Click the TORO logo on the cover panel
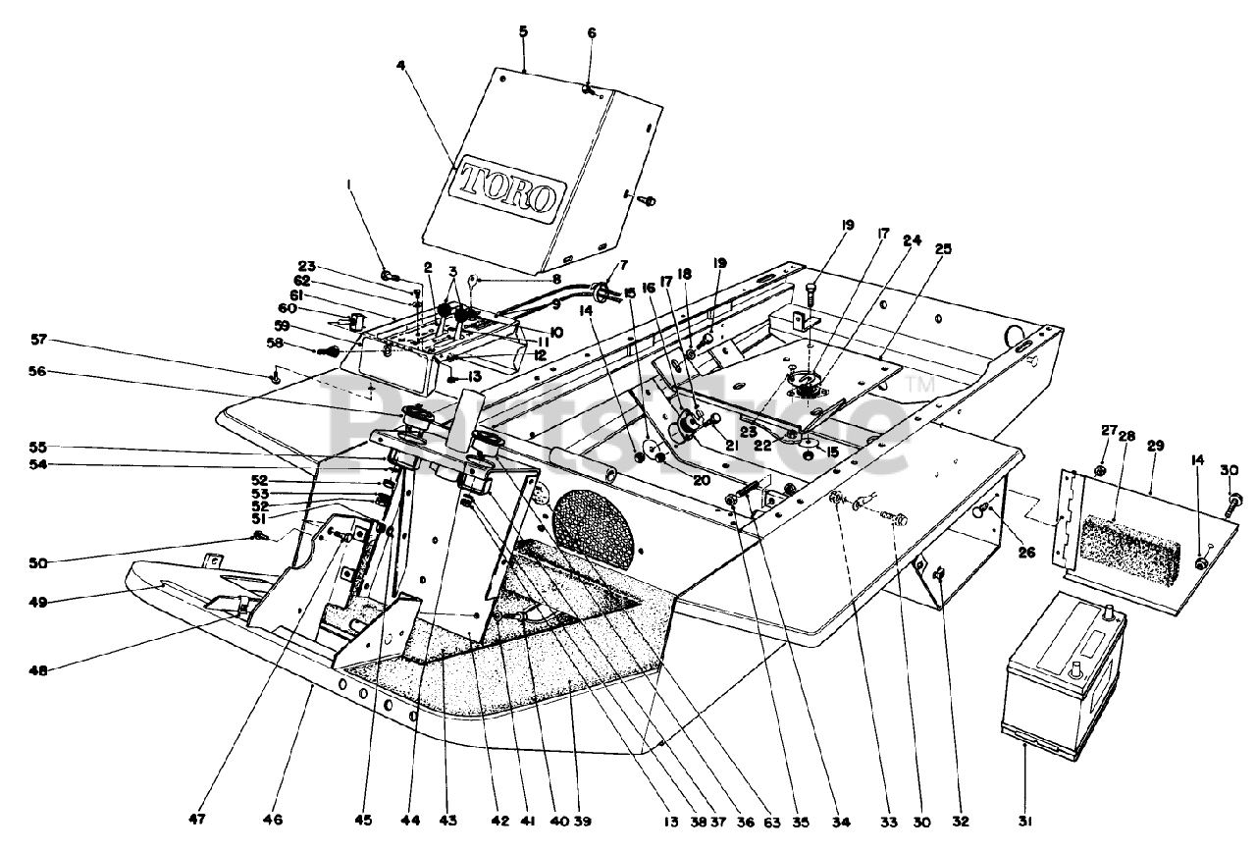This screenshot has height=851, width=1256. (507, 187)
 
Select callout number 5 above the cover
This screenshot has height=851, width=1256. (523, 31)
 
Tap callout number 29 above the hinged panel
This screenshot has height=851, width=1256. (1155, 446)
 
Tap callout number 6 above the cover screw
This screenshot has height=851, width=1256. (592, 32)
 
